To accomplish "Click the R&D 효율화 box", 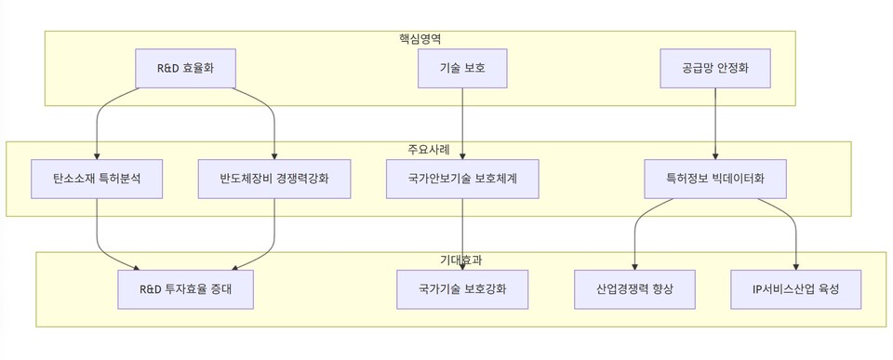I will pyautogui.click(x=185, y=68).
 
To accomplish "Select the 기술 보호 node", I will pyautogui.click(x=462, y=68).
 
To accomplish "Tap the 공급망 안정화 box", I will pyautogui.click(x=714, y=68).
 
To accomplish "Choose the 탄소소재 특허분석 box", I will pyautogui.click(x=97, y=178).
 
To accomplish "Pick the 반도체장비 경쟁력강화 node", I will pyautogui.click(x=274, y=178).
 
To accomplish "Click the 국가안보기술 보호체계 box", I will pyautogui.click(x=462, y=178).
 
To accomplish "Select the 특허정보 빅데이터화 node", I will pyautogui.click(x=714, y=178).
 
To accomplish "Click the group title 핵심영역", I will pyautogui.click(x=420, y=39).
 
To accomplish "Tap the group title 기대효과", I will pyautogui.click(x=460, y=260).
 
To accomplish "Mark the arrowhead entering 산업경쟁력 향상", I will pyautogui.click(x=635, y=266).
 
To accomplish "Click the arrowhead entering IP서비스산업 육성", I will pyautogui.click(x=795, y=266).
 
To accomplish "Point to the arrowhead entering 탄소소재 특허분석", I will pyautogui.click(x=97, y=155).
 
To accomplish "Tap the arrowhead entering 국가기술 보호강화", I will pyautogui.click(x=462, y=266).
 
